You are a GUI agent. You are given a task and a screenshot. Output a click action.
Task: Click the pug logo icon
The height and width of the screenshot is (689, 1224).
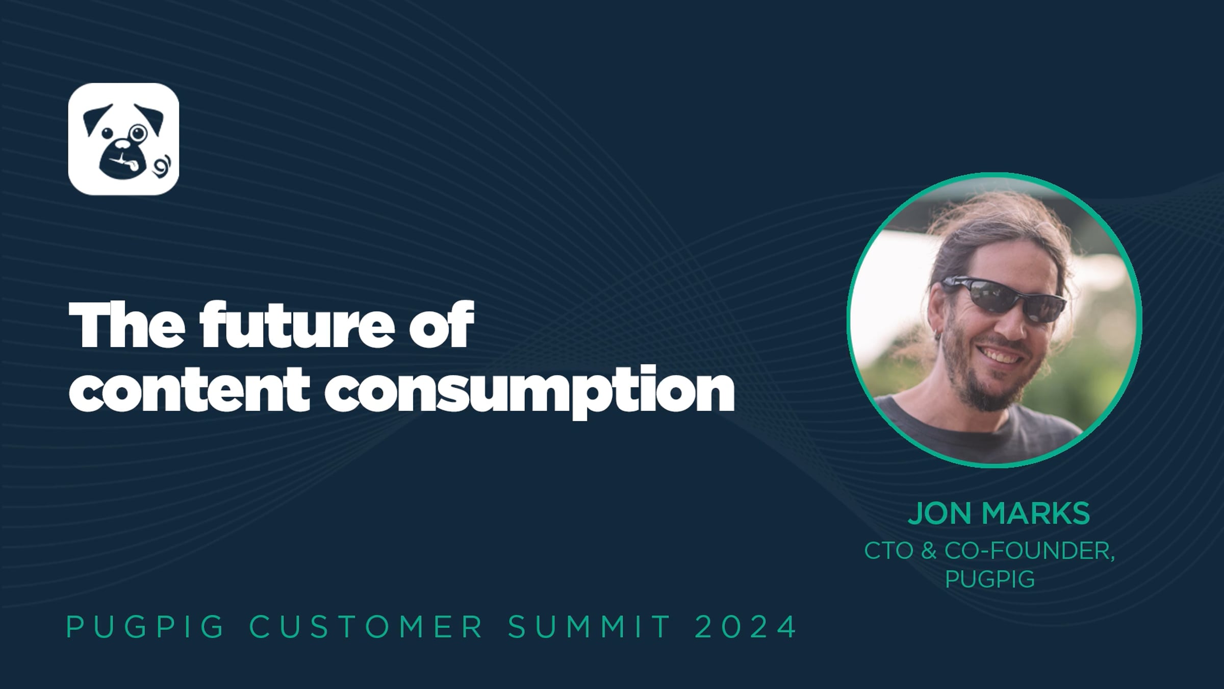coord(123,139)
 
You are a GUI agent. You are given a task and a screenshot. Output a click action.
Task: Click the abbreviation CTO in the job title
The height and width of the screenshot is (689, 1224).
coord(889,551)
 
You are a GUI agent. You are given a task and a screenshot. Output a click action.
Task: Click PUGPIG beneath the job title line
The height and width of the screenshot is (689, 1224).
coord(990,579)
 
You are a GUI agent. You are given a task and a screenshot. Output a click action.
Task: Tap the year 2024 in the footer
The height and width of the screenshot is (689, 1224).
coord(746,627)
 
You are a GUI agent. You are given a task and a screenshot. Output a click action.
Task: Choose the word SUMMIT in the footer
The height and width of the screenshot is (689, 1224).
coord(590,627)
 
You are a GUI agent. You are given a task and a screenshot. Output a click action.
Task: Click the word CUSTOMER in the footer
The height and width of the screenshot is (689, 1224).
coord(366,627)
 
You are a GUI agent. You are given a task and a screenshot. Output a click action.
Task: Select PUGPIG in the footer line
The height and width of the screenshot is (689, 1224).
coord(145,627)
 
